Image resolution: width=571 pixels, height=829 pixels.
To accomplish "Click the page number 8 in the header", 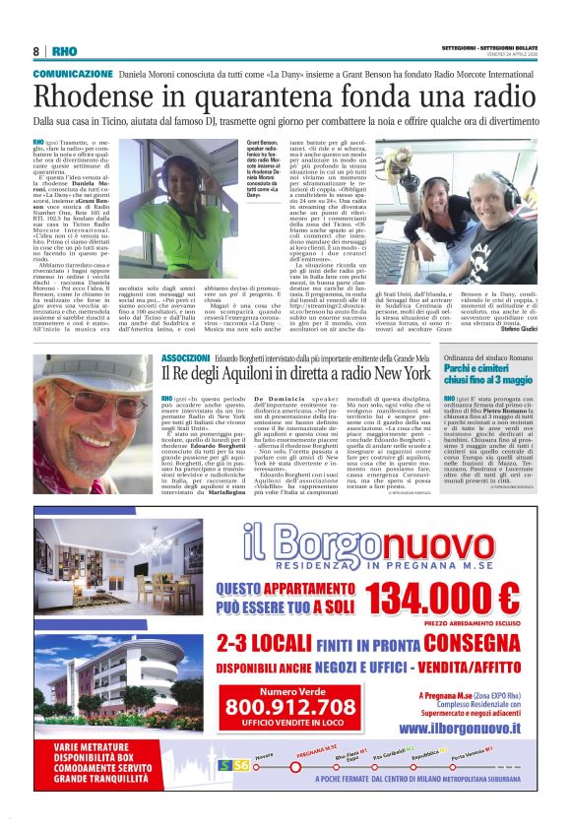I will pos(36,51).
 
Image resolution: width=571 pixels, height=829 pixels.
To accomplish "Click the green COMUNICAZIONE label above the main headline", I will pos(73,74).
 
